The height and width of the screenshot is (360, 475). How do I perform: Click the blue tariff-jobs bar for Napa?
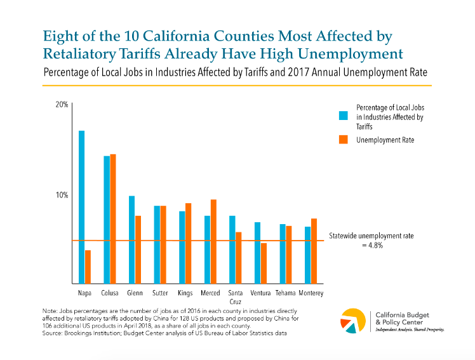81,207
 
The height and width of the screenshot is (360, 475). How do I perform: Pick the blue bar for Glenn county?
131,239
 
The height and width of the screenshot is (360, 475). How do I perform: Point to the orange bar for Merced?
213,241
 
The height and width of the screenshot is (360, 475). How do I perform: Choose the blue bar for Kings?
182,247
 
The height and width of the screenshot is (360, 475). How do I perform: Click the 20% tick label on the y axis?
61,104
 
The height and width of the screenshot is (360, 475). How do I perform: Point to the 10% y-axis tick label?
61,195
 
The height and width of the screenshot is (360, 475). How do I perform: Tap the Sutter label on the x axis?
160,293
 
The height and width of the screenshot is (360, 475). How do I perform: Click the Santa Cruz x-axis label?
236,297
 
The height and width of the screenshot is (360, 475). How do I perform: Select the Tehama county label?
286,293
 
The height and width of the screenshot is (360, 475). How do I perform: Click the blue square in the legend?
343,116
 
